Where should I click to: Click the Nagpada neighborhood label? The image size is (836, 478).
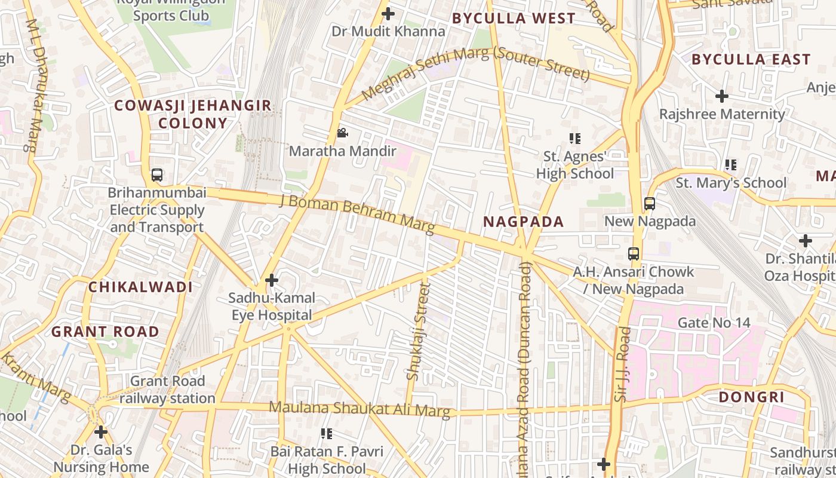[523, 222]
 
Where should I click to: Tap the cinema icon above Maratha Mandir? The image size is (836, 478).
[342, 133]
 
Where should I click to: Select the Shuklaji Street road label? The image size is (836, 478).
[417, 332]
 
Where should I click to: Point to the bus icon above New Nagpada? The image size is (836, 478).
[650, 204]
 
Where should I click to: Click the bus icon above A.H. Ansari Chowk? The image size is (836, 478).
[634, 254]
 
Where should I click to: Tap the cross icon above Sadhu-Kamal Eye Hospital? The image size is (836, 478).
[272, 280]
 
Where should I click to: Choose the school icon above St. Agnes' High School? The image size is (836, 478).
[575, 139]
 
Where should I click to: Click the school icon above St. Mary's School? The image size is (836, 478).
[730, 165]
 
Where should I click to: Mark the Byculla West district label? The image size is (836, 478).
[514, 19]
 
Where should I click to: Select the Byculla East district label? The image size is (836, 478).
[751, 59]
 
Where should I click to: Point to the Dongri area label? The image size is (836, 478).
[751, 397]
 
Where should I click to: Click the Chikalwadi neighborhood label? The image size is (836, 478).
[140, 287]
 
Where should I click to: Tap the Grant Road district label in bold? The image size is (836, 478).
[105, 332]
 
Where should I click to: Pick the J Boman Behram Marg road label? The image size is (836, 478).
[357, 213]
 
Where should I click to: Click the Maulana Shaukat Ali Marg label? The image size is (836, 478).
[359, 409]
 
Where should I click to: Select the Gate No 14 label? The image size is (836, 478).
[714, 323]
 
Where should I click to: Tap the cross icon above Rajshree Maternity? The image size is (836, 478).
[722, 96]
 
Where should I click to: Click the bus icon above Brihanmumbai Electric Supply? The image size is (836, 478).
[156, 175]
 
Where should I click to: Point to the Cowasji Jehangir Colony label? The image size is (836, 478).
[192, 114]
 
